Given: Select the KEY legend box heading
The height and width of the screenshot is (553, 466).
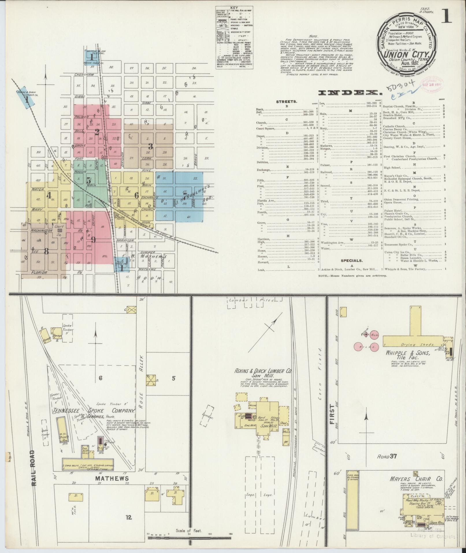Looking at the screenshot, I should tap(234, 8).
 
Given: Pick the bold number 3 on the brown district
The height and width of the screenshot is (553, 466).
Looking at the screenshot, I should tap(151, 147).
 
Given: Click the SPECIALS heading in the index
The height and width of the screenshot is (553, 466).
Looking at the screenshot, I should tap(351, 260).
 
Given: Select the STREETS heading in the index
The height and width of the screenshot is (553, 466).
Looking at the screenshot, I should tap(286, 102).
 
